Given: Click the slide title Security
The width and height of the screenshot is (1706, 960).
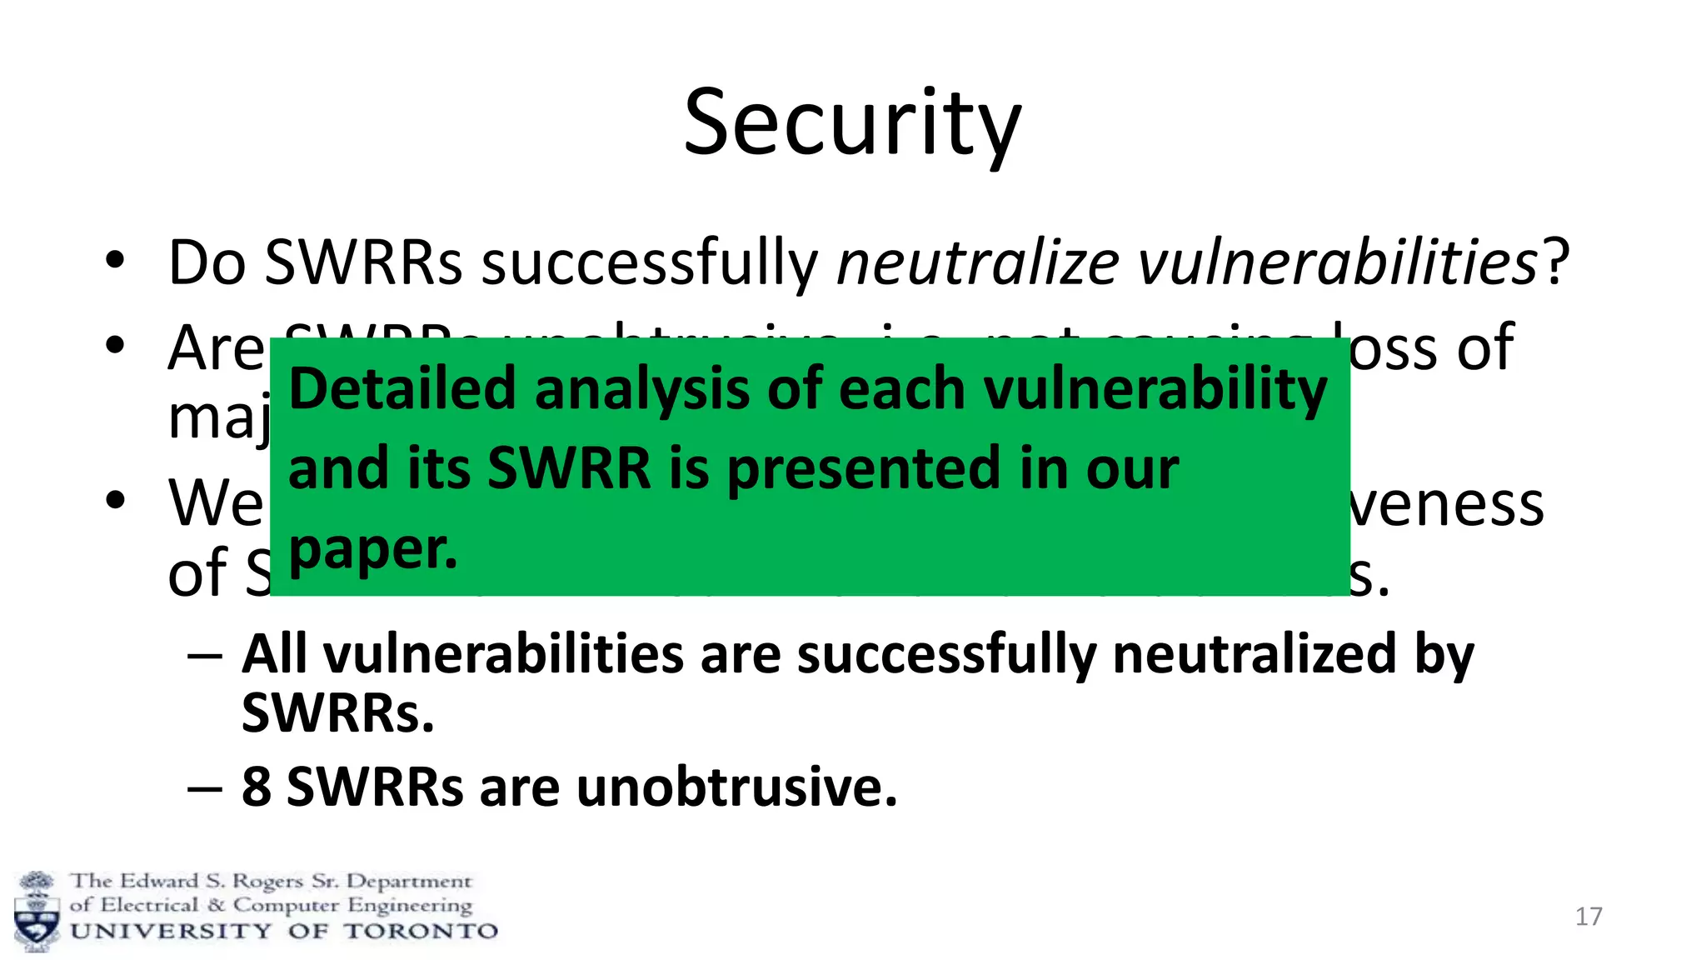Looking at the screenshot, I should pyautogui.click(x=852, y=125).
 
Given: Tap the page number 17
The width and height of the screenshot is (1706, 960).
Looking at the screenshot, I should pyautogui.click(x=1589, y=917).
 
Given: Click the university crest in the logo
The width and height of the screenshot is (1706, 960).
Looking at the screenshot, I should pyautogui.click(x=37, y=911).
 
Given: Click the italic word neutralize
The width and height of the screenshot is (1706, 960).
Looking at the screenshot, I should pyautogui.click(x=978, y=262).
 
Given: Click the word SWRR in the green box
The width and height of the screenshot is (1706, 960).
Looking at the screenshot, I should pyautogui.click(x=569, y=468).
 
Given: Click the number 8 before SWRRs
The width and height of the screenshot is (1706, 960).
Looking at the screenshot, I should pyautogui.click(x=257, y=786).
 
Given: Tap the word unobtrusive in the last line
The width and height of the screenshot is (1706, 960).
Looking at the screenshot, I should pyautogui.click(x=736, y=786).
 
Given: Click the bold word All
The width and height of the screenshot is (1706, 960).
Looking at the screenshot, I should pyautogui.click(x=274, y=654).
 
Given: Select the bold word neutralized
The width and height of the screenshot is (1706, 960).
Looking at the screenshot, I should pyautogui.click(x=1254, y=654).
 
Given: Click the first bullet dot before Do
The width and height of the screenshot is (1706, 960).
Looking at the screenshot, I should pyautogui.click(x=115, y=260).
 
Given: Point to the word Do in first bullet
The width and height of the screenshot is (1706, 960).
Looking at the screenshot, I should pyautogui.click(x=207, y=262).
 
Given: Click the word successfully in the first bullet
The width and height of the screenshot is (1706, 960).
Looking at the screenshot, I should pyautogui.click(x=650, y=262).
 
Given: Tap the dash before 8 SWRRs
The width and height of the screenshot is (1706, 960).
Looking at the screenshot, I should pyautogui.click(x=205, y=786).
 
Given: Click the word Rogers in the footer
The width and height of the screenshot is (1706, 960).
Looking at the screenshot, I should pyautogui.click(x=267, y=882).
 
